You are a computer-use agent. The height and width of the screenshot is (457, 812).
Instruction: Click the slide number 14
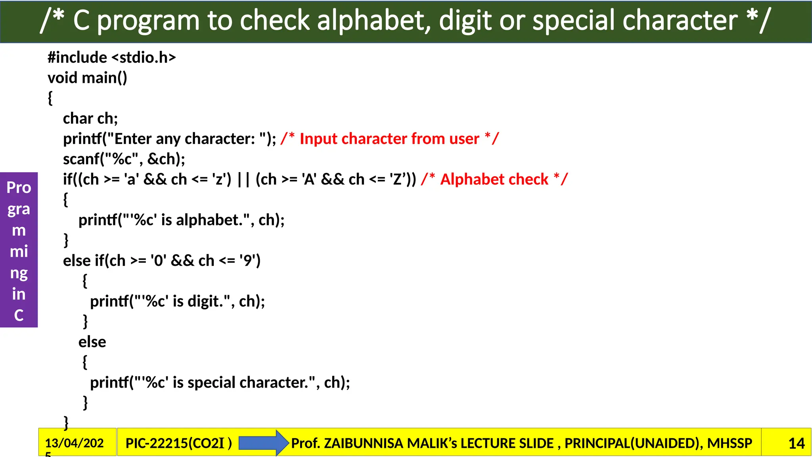pos(796,443)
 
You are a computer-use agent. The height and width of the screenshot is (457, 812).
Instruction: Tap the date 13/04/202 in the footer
pos(74,443)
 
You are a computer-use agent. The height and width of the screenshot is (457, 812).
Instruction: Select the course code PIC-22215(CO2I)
pos(178,443)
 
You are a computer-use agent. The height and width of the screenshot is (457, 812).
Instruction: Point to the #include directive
pos(77,58)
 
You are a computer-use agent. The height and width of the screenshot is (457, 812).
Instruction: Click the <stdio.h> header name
pos(144,58)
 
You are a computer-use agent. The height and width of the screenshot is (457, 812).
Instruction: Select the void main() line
pos(87,78)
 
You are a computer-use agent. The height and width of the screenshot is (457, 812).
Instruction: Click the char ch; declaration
pos(90,119)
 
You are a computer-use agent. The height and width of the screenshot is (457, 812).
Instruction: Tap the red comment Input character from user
pos(389,139)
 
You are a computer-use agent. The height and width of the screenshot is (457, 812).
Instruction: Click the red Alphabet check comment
pos(494,179)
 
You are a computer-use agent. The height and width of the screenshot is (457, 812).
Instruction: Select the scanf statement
pos(124,159)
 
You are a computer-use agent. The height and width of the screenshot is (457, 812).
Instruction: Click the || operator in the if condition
pos(243,179)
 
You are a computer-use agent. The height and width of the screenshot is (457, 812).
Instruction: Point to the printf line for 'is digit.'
pos(177,301)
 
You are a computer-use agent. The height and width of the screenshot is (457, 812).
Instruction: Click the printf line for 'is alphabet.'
pos(181,220)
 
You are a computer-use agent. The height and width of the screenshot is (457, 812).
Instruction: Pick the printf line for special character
pos(220,382)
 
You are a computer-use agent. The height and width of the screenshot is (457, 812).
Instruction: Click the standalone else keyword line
pos(92,342)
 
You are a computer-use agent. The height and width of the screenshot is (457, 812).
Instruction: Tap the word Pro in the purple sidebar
pos(19,187)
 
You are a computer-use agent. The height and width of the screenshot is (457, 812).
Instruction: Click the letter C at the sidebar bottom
pos(19,315)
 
